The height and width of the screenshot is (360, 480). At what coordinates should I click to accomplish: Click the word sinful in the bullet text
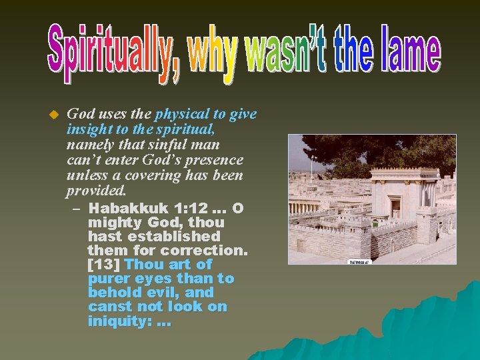click(167, 145)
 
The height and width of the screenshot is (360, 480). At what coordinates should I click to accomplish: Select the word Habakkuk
click(126, 208)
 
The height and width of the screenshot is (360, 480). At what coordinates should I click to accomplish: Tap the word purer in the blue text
click(107, 279)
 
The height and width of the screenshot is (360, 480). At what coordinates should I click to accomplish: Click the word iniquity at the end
click(119, 321)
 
